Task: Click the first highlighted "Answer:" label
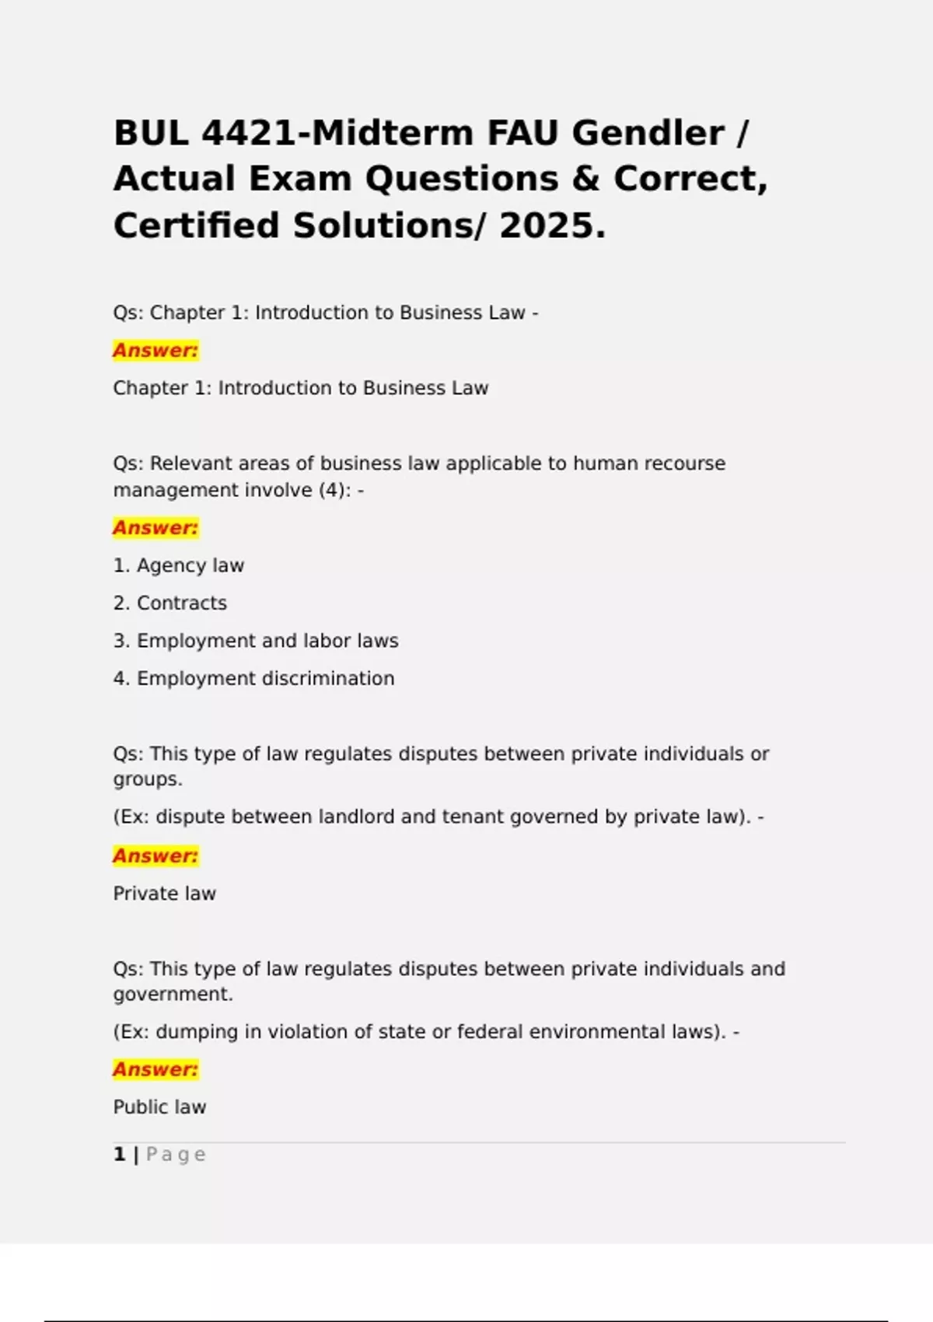click(155, 350)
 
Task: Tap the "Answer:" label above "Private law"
click(155, 855)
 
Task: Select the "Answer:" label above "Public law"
click(155, 1069)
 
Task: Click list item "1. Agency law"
click(179, 565)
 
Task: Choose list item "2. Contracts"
click(170, 603)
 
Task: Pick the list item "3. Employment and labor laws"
click(256, 641)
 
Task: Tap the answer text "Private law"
click(165, 894)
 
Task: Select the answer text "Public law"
click(160, 1107)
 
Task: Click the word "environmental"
click(599, 1032)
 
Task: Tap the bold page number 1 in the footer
click(119, 1154)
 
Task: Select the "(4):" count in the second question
click(334, 490)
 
